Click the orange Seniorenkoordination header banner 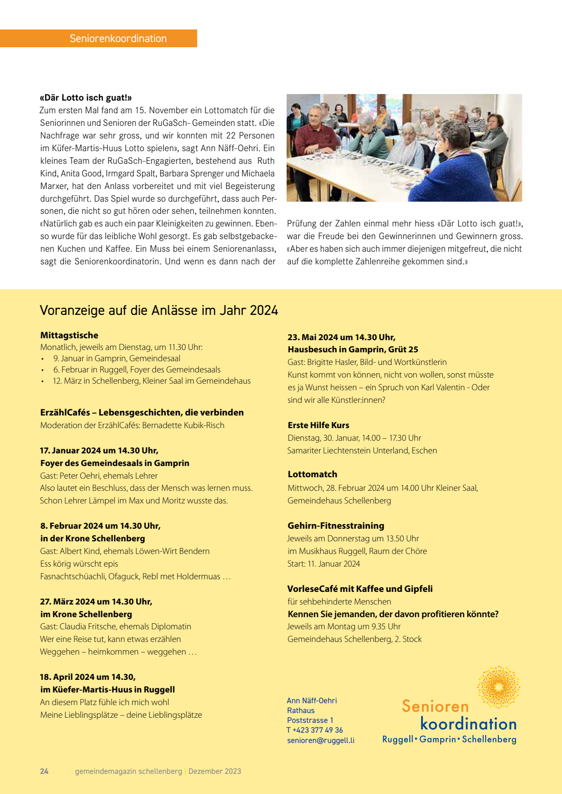(99, 38)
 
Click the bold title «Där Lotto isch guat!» (86, 98)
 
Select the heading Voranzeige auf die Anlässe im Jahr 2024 (159, 310)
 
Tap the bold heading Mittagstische (69, 335)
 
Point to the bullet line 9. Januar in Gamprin (117, 358)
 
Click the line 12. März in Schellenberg (152, 381)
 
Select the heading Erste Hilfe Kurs (318, 425)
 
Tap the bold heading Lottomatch (312, 474)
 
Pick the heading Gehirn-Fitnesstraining (336, 526)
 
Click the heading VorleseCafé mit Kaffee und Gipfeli (360, 589)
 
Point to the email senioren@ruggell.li (321, 740)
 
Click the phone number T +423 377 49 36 (315, 730)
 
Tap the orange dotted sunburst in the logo (498, 687)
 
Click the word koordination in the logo (468, 724)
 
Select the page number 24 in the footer (44, 771)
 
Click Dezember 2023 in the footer (215, 771)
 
